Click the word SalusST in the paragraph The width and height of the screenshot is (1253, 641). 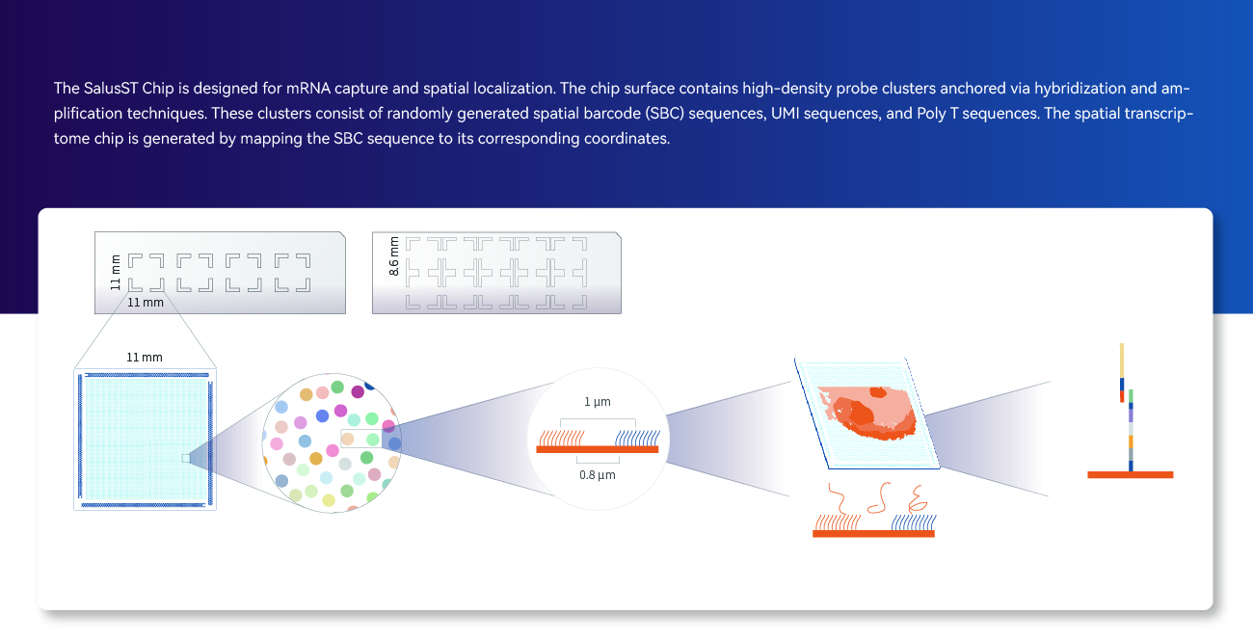(x=111, y=89)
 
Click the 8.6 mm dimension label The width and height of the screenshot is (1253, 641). (x=394, y=256)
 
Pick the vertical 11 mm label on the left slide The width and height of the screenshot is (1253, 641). (x=116, y=273)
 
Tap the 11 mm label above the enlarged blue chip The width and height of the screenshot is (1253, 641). (x=145, y=358)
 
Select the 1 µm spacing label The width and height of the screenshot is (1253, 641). (x=598, y=402)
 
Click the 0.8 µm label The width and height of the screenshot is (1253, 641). (x=598, y=475)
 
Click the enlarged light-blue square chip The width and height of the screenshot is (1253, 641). (x=145, y=440)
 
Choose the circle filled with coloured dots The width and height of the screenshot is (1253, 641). (x=332, y=442)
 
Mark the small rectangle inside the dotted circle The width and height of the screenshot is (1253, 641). (x=361, y=438)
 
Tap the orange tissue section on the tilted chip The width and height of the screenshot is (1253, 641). (x=867, y=413)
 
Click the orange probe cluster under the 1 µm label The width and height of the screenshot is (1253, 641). (x=561, y=438)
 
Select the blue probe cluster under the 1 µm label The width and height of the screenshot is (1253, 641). (x=638, y=438)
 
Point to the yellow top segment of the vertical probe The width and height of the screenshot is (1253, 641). (x=1122, y=361)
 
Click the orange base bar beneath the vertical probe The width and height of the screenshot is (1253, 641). (x=1131, y=475)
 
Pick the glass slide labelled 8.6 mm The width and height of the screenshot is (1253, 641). (x=496, y=273)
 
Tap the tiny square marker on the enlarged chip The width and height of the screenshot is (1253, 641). (x=186, y=459)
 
